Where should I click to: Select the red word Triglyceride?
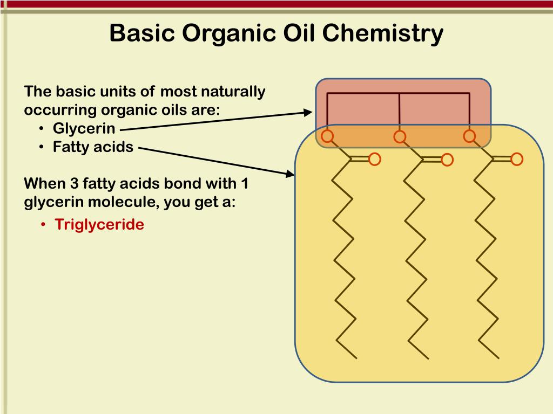tap(99, 224)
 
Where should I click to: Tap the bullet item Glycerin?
tap(84, 128)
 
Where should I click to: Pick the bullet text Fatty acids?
tap(93, 147)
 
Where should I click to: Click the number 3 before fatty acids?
tap(74, 183)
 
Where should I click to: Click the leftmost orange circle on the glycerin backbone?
tap(327, 136)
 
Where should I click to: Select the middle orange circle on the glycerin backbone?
tap(400, 137)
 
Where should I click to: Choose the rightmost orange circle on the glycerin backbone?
tap(469, 136)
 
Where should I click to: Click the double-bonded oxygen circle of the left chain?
tap(374, 158)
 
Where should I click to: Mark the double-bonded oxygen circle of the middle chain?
tap(447, 160)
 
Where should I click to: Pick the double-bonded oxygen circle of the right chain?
tap(517, 158)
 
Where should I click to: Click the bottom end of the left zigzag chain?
tap(356, 357)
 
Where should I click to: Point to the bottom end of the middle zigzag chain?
tap(428, 358)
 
